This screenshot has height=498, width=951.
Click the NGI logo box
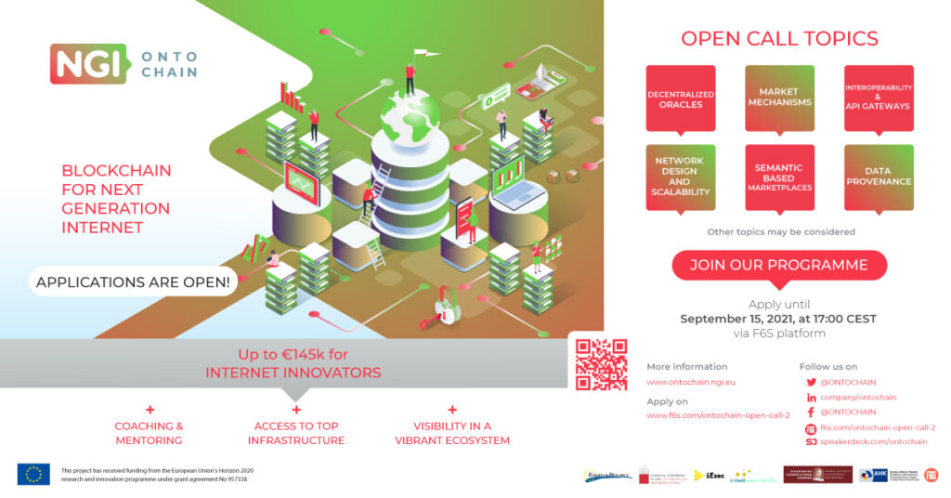point(79,63)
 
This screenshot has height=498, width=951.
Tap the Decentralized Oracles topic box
point(681,98)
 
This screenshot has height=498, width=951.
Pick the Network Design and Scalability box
point(681,176)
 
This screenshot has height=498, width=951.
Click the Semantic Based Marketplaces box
point(779,177)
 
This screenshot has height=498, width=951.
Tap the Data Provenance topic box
point(878,176)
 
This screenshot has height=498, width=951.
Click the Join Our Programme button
point(779,265)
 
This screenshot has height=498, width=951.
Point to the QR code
point(601,363)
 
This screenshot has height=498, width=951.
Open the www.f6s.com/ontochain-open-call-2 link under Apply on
point(717,415)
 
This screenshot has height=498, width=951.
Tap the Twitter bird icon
point(811,382)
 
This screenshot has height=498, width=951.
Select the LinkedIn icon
point(811,398)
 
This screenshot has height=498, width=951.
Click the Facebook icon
point(811,412)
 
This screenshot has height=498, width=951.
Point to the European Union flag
point(33,474)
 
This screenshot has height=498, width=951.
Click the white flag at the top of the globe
point(420,54)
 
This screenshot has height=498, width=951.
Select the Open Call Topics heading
point(779,39)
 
